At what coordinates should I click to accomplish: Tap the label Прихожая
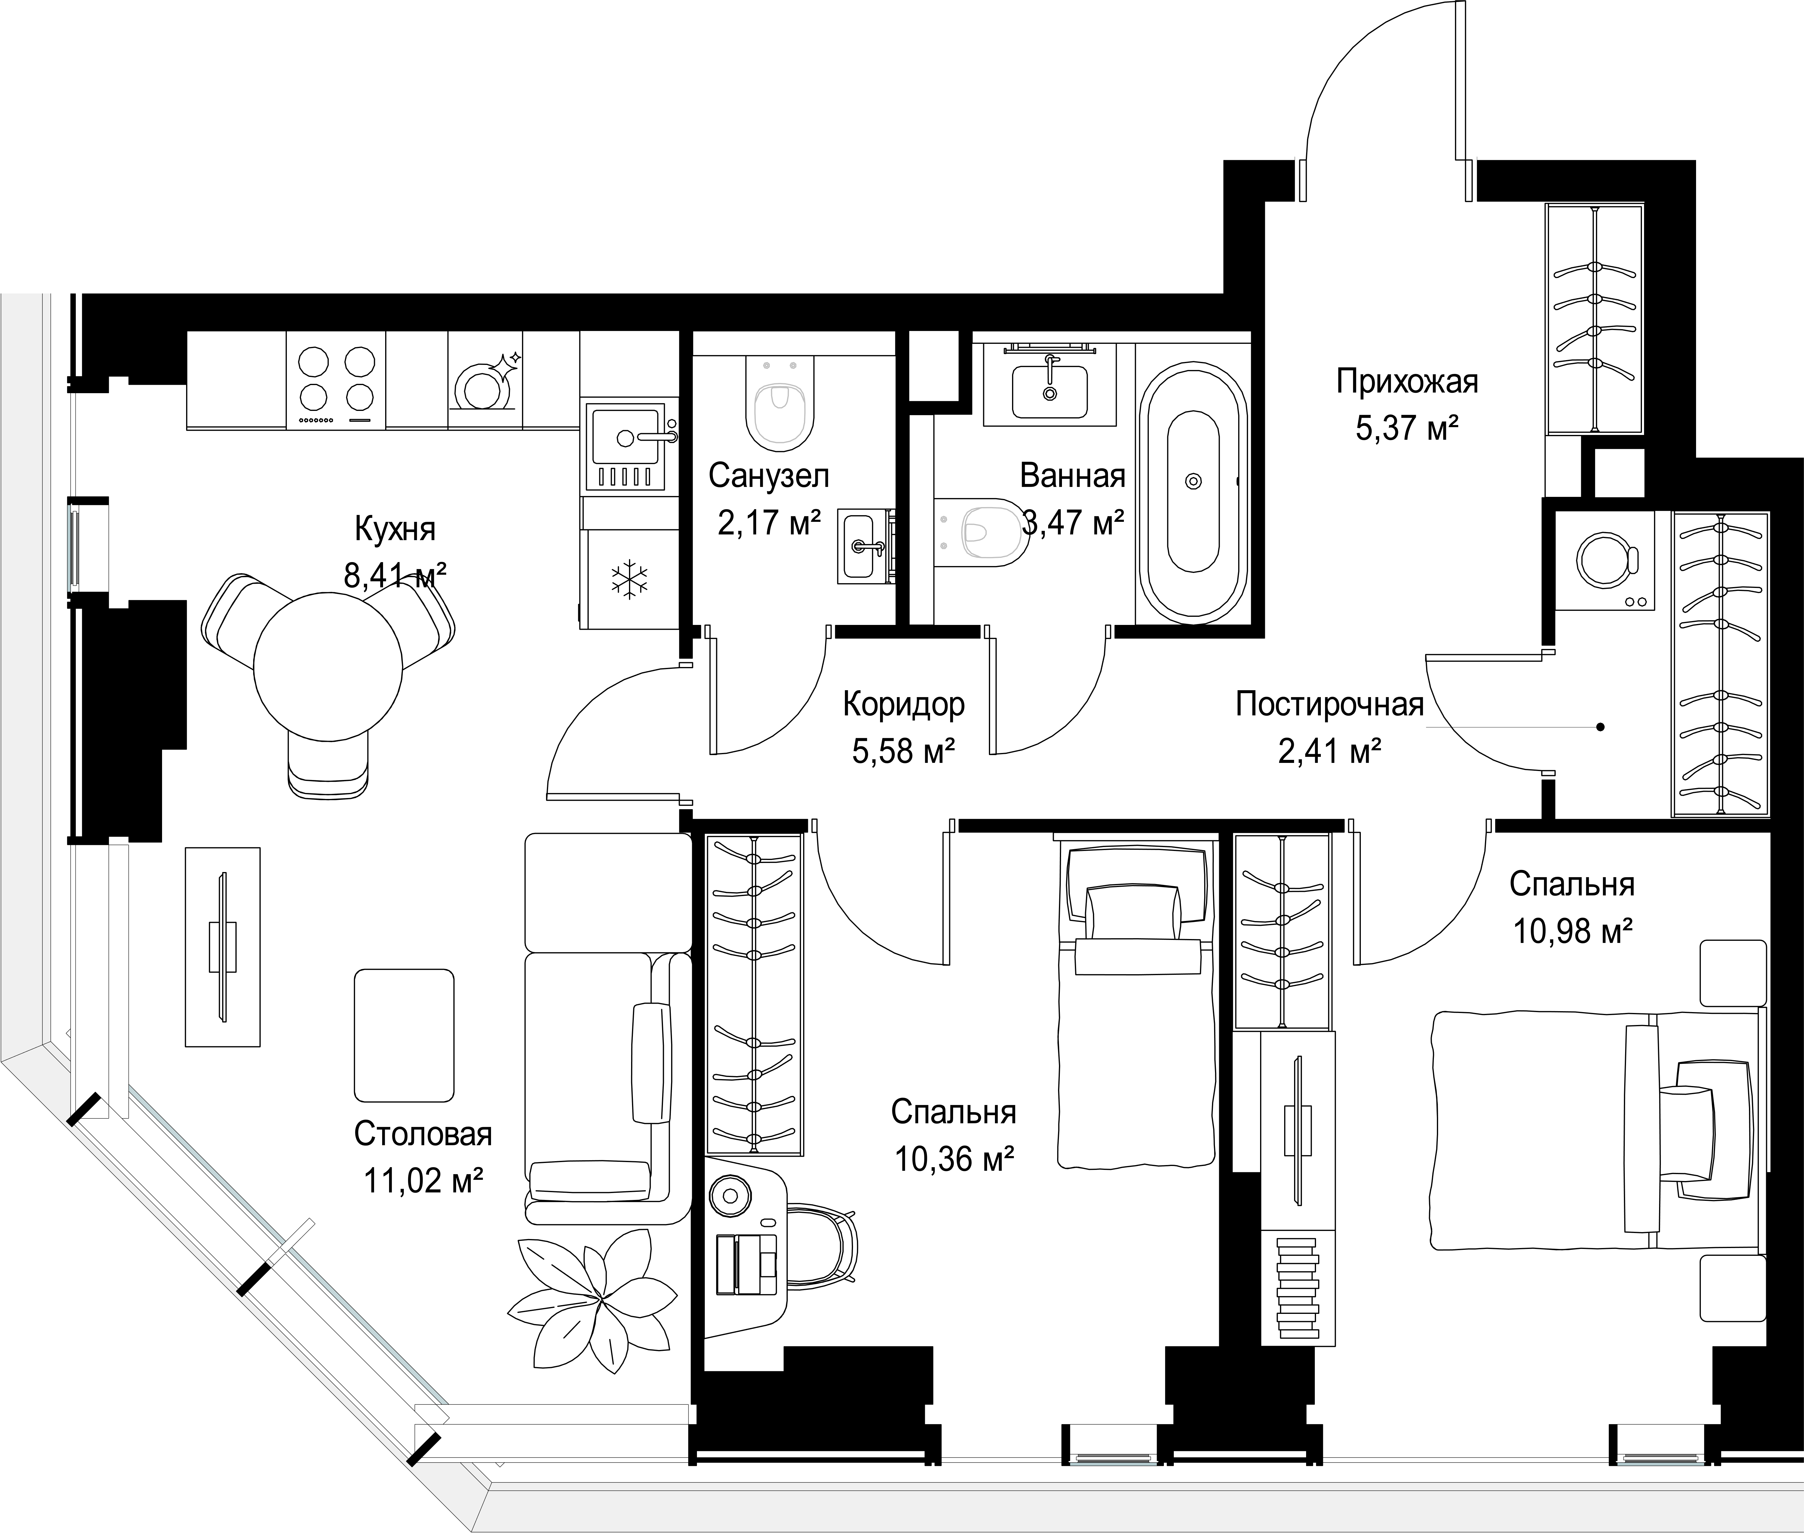(1407, 381)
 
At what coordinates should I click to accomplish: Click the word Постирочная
(1329, 704)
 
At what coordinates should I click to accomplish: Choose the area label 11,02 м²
(423, 1181)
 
